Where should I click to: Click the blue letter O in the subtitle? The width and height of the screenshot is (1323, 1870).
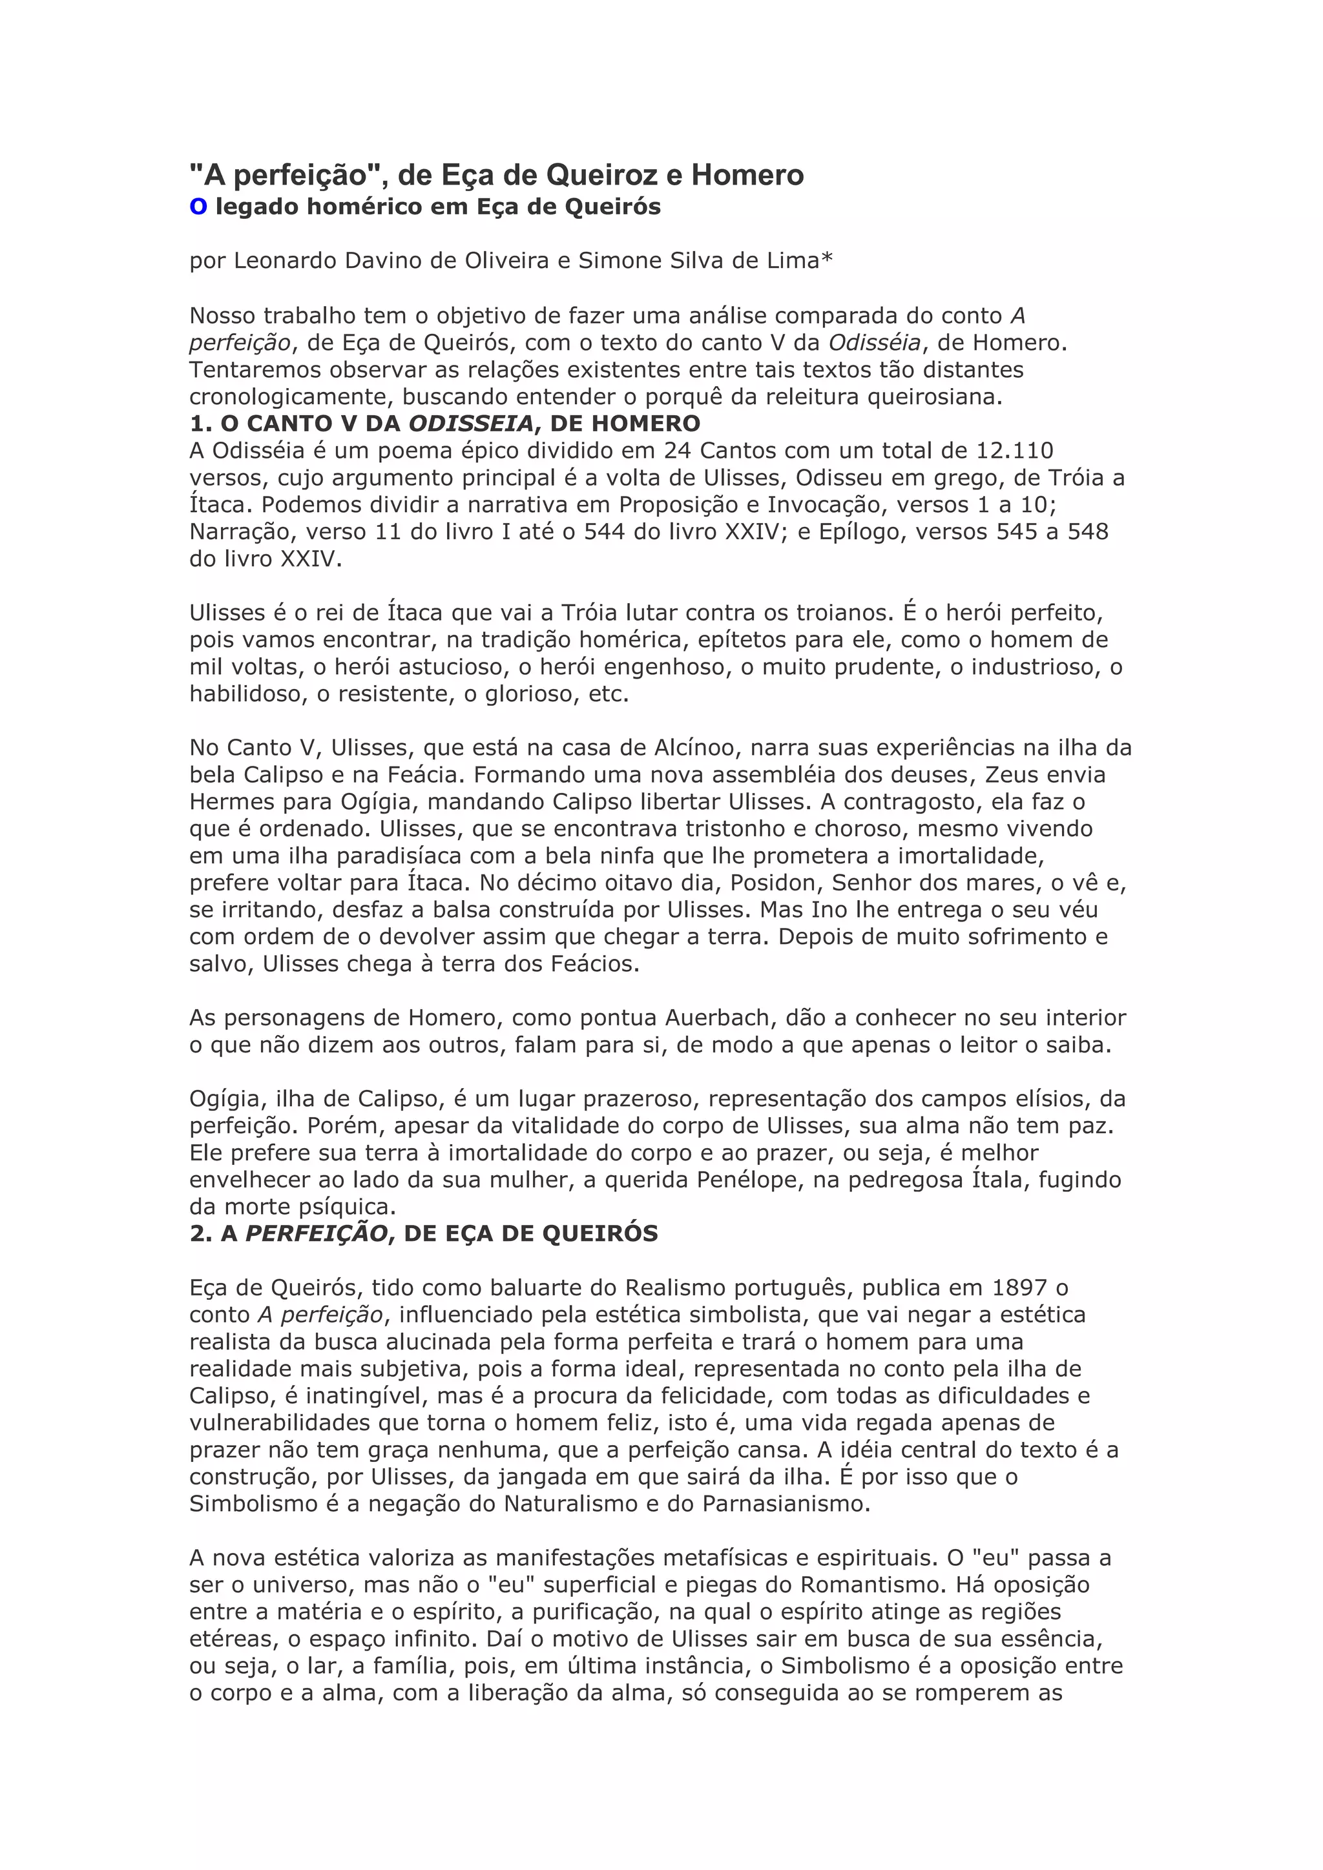(198, 208)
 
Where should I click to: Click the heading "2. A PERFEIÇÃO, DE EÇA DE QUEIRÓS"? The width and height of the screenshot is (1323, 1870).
(423, 1234)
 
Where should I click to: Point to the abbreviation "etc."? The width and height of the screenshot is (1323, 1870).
(609, 695)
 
